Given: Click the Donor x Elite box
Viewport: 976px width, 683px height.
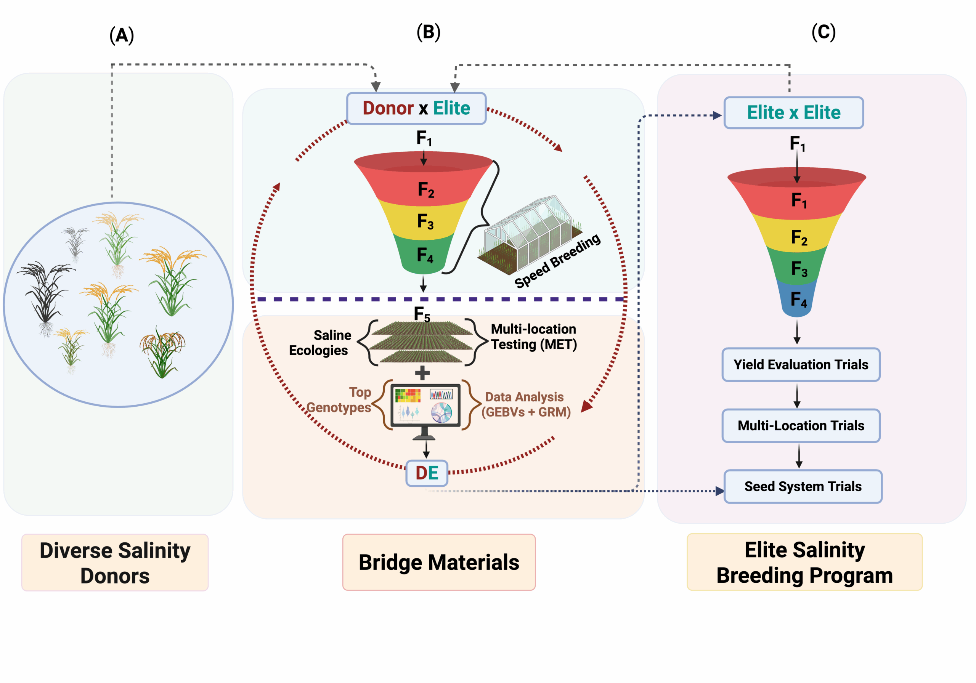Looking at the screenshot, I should click(416, 108).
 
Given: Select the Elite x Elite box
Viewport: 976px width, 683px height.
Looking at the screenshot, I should click(793, 113).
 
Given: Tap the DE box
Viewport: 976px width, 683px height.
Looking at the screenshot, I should click(426, 473).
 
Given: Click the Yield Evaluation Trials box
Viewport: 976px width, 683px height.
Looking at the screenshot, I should click(801, 365).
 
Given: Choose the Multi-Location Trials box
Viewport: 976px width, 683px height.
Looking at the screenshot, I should click(801, 425).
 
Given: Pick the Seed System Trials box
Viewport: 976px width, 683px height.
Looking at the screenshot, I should click(803, 486).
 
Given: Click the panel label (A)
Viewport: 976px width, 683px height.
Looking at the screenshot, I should click(122, 35).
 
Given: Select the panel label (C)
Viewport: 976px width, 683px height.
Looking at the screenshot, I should click(823, 32).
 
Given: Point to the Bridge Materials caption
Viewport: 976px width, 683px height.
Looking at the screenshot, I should click(439, 562).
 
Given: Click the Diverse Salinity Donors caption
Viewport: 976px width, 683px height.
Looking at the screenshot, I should click(115, 562).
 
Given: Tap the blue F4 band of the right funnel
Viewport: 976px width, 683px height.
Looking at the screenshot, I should click(798, 300).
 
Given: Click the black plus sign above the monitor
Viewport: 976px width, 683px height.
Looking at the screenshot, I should click(422, 373).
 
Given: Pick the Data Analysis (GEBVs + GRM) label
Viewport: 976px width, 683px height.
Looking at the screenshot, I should click(525, 404).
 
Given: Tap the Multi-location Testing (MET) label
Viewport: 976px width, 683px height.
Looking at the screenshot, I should click(533, 337).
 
